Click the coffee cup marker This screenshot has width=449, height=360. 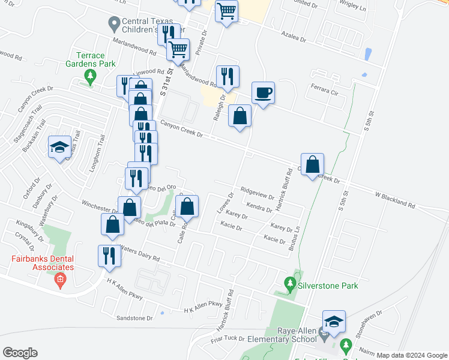coord(263,94)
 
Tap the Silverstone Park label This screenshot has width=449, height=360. coord(329,286)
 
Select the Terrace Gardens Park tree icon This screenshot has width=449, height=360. coord(91,76)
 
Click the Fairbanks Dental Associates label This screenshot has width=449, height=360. coord(43,263)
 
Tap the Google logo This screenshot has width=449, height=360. coord(20,353)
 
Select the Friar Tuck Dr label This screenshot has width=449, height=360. coord(226,340)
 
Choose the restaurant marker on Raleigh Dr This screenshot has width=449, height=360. coord(228,76)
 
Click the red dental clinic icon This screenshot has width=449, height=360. coord(59,280)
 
